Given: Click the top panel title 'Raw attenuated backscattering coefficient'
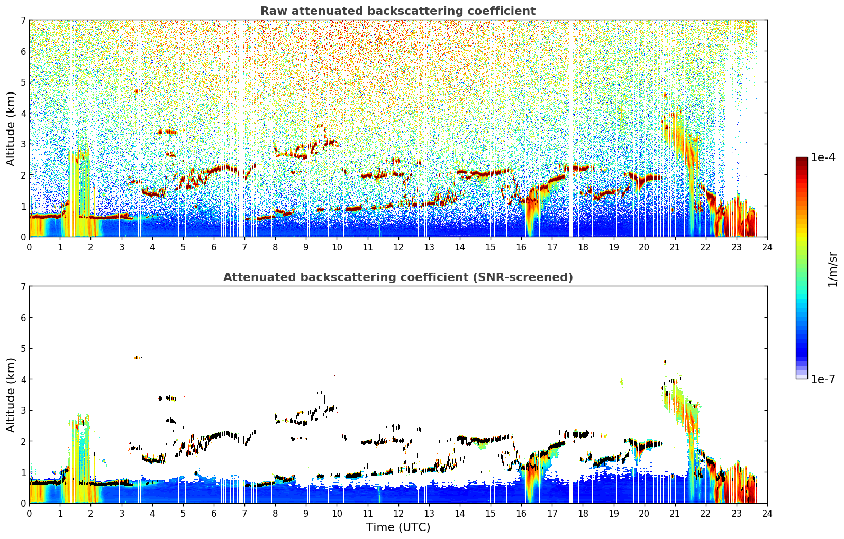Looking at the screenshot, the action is [398, 11].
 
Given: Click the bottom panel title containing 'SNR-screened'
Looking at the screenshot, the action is [398, 277].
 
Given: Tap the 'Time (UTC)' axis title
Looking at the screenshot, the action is [398, 527].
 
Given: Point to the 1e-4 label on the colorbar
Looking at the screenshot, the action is [823, 157].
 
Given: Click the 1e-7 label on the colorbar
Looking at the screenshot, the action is [823, 379].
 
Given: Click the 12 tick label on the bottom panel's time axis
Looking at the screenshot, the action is [398, 514].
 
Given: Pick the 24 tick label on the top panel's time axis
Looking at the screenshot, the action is [767, 247].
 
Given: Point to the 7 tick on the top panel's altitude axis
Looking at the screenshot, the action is [23, 20].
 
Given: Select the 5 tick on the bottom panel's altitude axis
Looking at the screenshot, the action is [23, 349].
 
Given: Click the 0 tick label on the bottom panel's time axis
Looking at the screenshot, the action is [30, 514].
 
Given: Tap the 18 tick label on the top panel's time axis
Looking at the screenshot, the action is [583, 247].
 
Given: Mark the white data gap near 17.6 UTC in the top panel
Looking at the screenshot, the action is [571, 128].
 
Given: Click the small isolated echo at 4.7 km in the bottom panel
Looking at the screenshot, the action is [138, 358].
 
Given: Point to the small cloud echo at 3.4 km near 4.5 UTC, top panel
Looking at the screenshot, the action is [167, 132].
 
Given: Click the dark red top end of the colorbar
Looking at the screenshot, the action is [802, 160].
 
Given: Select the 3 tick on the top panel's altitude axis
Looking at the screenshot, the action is [23, 144].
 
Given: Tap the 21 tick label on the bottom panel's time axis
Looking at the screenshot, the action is [675, 514].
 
